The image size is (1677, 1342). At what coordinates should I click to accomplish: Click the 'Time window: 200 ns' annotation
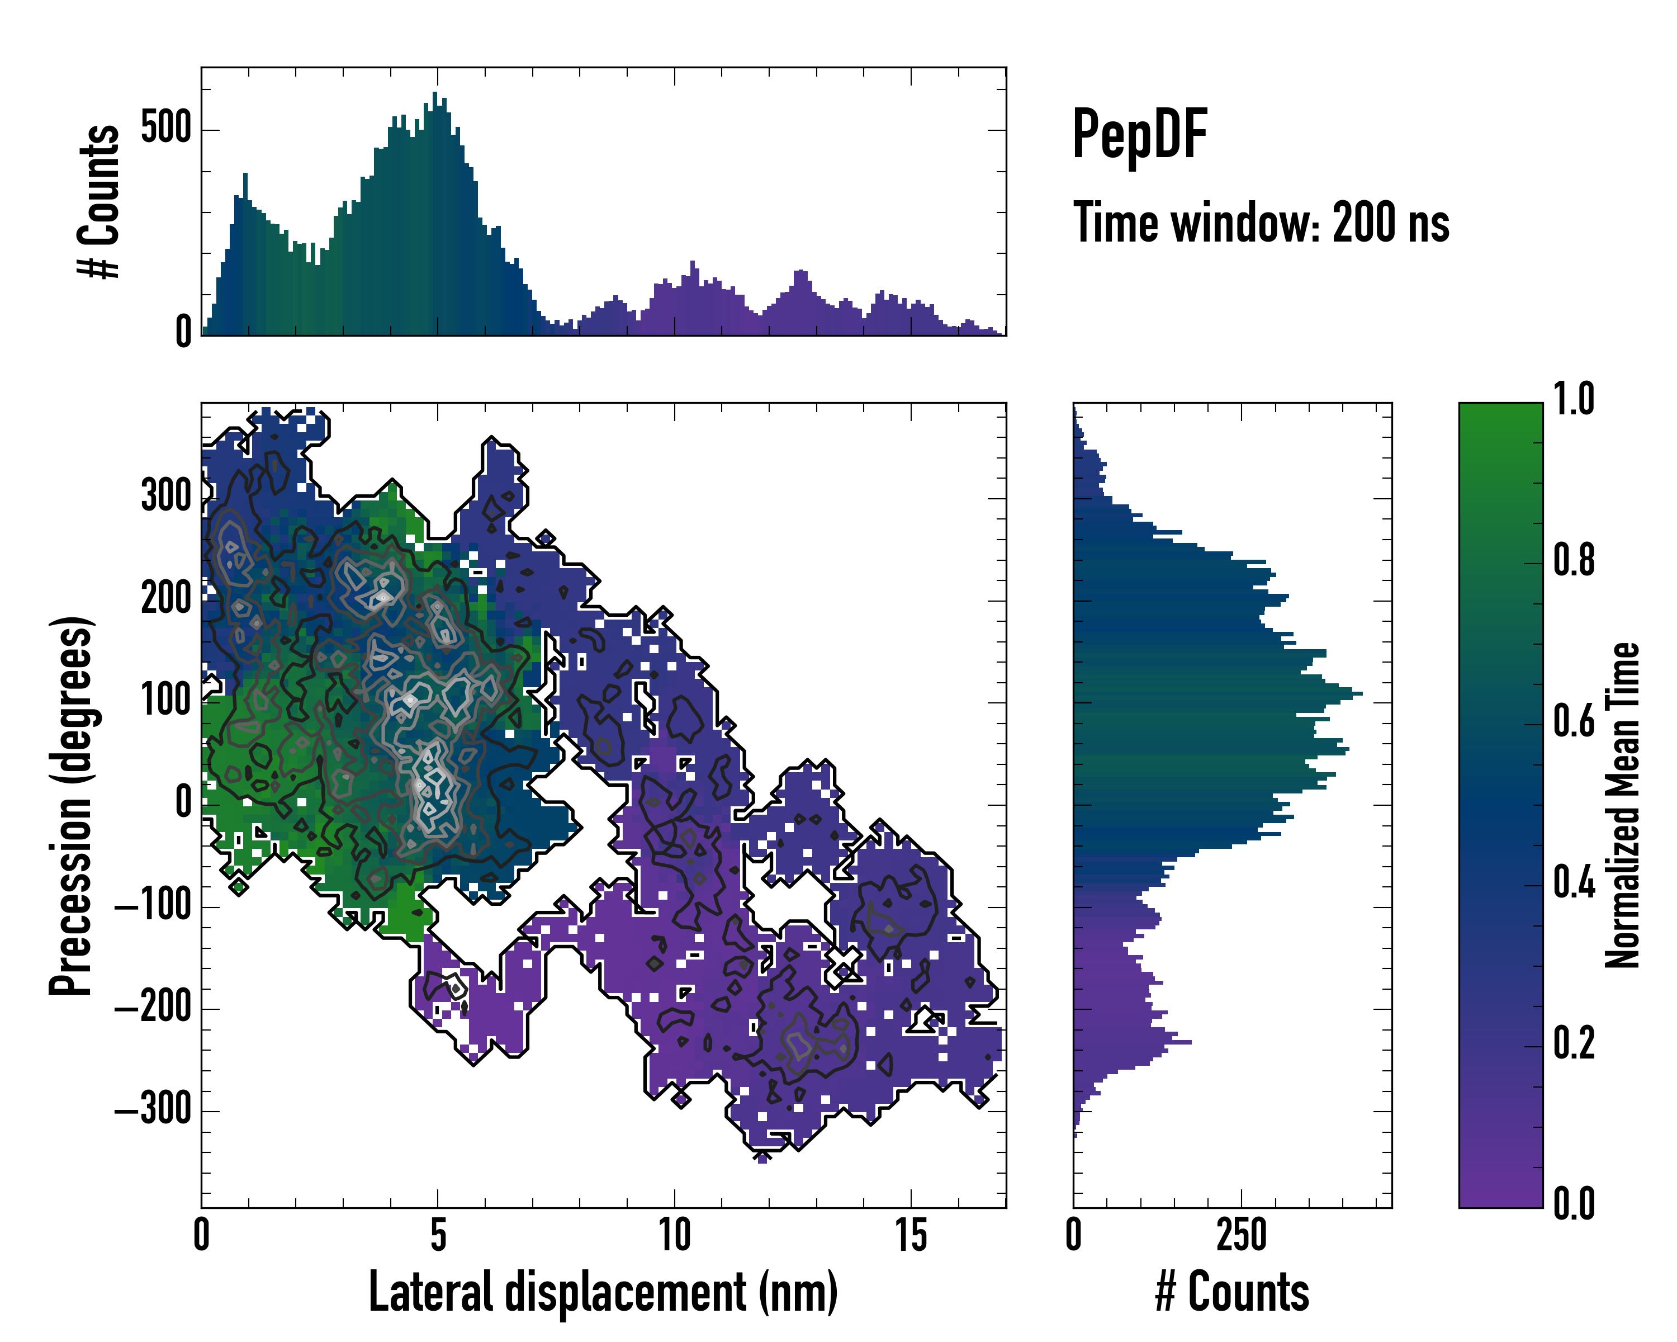click(x=1261, y=223)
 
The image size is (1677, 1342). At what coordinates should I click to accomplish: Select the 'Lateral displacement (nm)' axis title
click(x=603, y=1292)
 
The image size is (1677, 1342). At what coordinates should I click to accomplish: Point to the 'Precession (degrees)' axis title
click(x=72, y=805)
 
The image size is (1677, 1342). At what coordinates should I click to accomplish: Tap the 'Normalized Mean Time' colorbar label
click(x=1622, y=805)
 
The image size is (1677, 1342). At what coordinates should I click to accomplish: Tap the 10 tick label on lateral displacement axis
click(x=674, y=1235)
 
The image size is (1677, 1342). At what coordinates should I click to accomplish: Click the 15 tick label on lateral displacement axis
click(x=911, y=1235)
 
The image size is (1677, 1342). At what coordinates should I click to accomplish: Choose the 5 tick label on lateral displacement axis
click(x=438, y=1235)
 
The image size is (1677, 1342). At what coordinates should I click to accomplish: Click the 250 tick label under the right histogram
click(x=1242, y=1235)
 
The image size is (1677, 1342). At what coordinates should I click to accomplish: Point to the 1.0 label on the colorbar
click(x=1574, y=400)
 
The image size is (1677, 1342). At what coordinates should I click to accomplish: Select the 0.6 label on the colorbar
click(x=1574, y=722)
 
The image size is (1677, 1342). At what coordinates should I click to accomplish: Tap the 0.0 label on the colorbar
click(x=1574, y=1203)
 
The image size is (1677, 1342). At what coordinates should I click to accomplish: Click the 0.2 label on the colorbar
click(x=1574, y=1043)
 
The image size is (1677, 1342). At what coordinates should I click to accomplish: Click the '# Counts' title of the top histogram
click(x=100, y=201)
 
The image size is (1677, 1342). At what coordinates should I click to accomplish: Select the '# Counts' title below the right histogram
click(x=1232, y=1292)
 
